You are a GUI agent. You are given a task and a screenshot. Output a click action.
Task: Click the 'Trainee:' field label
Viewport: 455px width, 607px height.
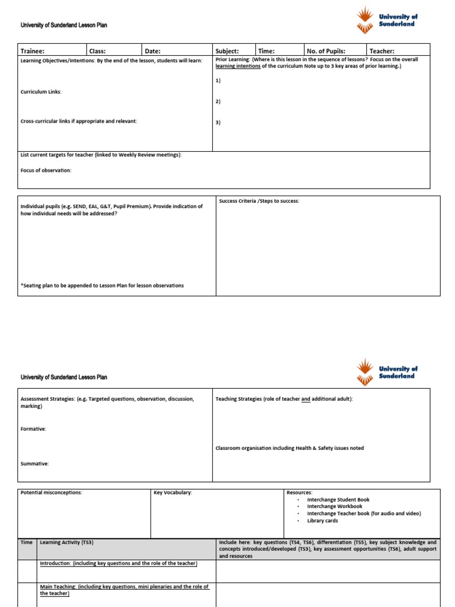(33, 52)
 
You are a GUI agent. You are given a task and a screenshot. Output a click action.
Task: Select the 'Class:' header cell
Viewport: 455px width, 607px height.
(97, 52)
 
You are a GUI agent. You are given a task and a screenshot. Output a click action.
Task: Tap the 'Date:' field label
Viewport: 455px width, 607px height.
(153, 52)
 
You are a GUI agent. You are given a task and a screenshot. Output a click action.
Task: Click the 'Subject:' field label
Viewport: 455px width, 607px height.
(227, 52)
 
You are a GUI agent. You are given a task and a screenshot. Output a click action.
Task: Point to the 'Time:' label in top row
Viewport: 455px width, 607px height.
(266, 52)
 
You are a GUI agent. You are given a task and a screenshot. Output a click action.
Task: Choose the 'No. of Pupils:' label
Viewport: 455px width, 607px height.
(326, 52)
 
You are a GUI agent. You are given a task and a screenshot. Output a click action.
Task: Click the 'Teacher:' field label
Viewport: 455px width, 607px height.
(382, 52)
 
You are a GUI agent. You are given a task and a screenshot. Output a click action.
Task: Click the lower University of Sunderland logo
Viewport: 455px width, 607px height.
(387, 372)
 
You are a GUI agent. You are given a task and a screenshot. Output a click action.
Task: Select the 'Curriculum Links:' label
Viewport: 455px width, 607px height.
(41, 92)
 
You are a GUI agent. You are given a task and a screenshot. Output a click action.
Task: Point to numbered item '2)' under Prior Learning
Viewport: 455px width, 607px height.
(218, 101)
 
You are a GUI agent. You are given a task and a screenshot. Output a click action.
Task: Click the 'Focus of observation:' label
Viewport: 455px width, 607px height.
(46, 170)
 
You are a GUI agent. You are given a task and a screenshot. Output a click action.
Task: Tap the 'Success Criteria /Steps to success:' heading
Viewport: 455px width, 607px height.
(259, 201)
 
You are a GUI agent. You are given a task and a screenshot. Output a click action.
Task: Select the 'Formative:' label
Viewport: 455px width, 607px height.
(34, 429)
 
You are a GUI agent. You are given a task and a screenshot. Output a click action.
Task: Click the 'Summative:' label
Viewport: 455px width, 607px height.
(35, 464)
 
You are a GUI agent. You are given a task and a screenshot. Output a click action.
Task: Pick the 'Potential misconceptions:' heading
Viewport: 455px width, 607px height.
(52, 493)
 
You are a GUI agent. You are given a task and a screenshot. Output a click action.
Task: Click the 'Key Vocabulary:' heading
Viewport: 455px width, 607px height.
(173, 493)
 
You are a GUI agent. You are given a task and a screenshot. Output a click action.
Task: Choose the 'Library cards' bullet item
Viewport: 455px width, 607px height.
(322, 520)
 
